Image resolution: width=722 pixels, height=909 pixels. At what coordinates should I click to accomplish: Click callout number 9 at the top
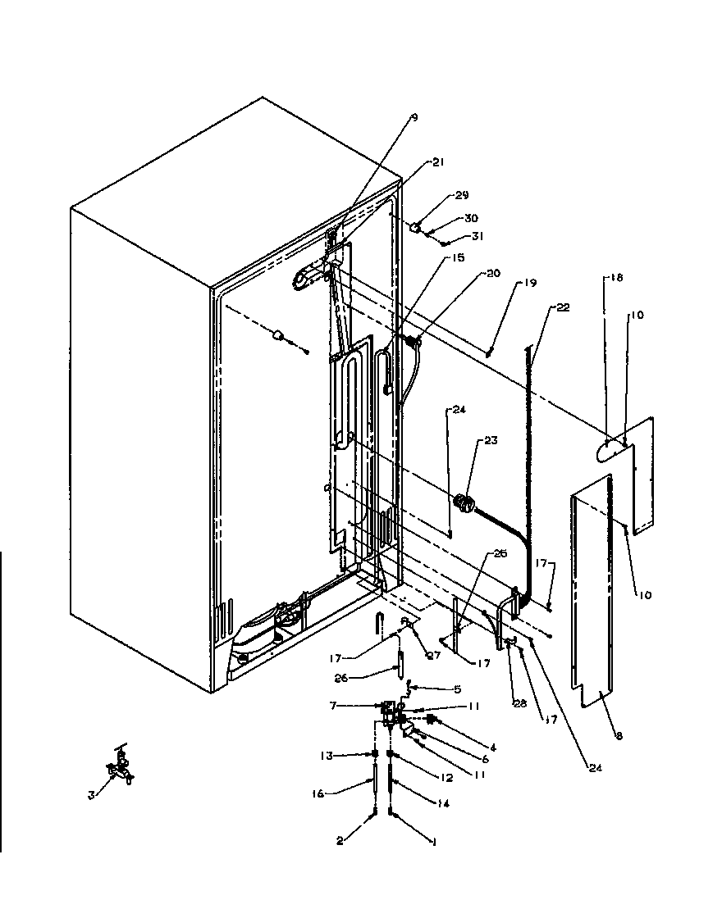point(414,118)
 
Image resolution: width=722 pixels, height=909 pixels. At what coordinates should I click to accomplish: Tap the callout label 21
point(437,162)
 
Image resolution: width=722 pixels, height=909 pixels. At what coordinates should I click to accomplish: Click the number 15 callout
point(457,257)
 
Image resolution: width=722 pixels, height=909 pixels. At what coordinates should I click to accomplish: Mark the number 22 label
point(562,307)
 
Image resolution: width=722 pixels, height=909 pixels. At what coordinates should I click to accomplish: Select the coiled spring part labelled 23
point(464,503)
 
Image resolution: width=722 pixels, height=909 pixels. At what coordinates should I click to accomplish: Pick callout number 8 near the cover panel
point(619,737)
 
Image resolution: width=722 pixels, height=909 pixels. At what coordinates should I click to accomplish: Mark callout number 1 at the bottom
point(433,840)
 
